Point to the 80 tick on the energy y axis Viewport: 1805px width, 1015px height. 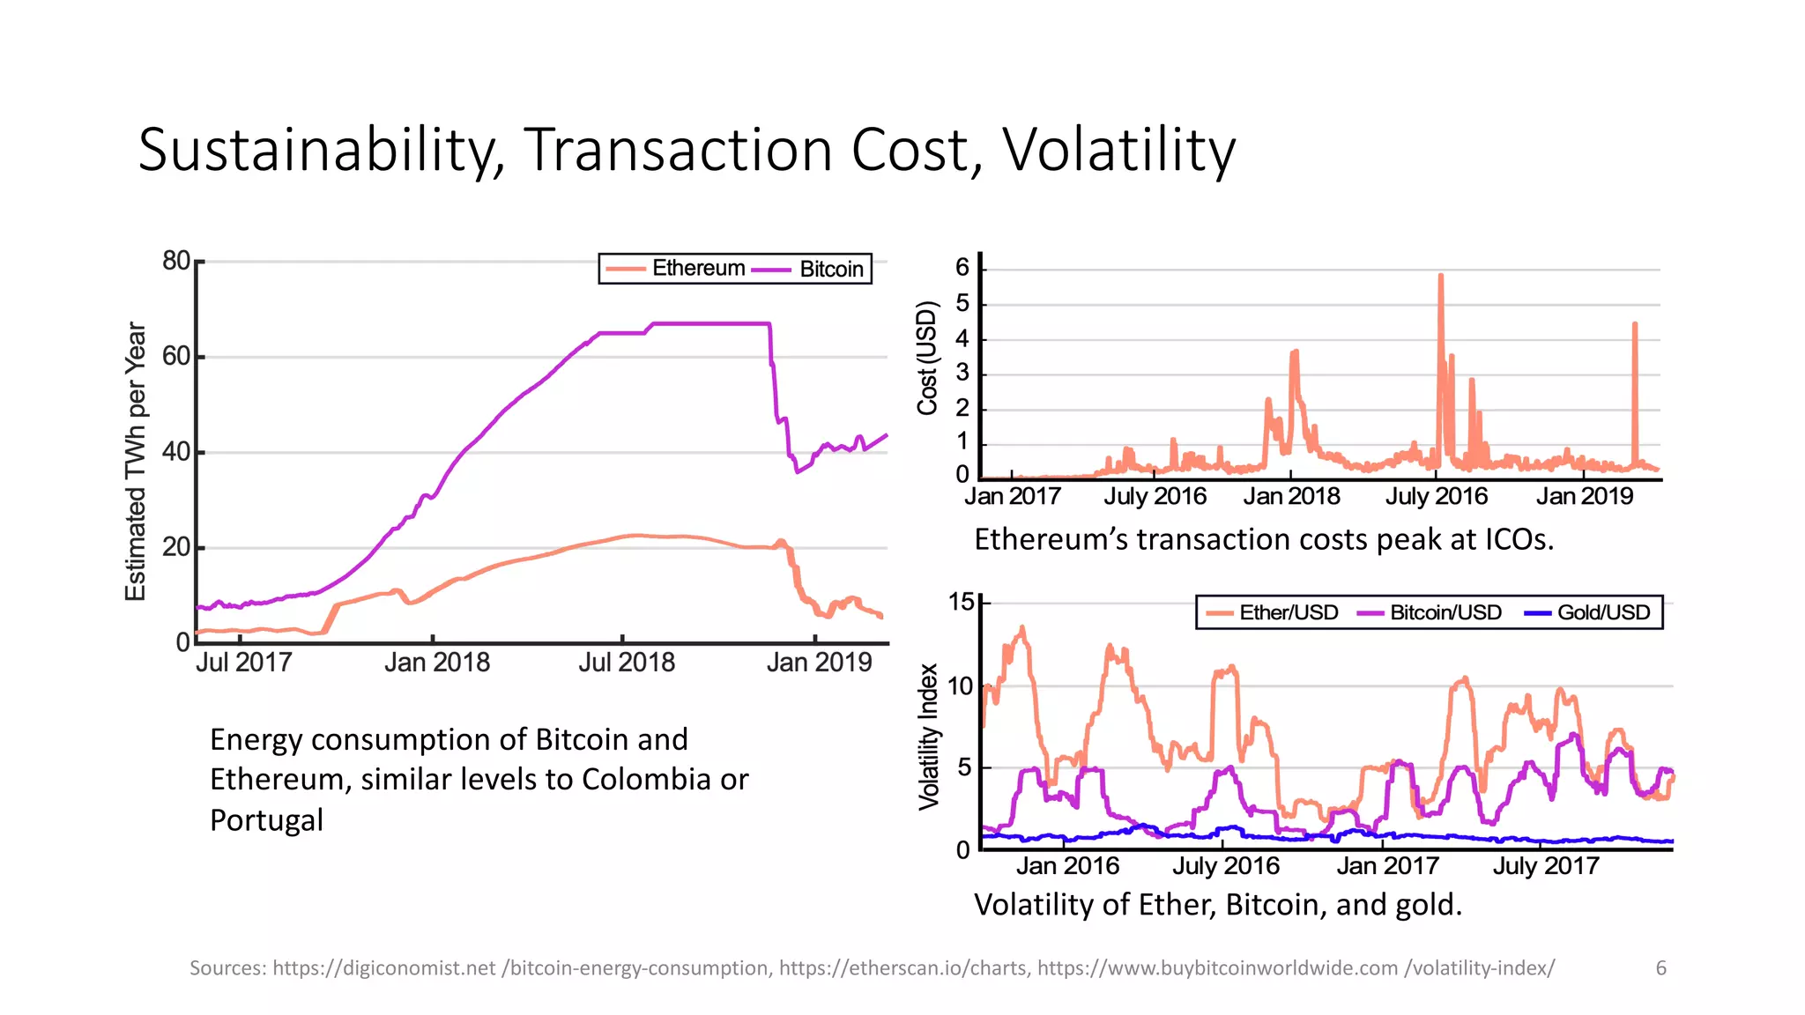[x=175, y=261]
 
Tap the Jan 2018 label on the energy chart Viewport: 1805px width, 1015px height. [x=436, y=663]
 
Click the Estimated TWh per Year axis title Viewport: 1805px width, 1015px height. [x=135, y=461]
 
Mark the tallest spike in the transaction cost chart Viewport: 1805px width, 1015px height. [x=1440, y=278]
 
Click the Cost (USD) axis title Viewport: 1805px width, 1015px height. [x=926, y=358]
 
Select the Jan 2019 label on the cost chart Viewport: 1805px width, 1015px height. [x=1584, y=497]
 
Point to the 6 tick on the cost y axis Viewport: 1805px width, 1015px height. [x=962, y=268]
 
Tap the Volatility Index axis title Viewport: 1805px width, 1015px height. [x=928, y=737]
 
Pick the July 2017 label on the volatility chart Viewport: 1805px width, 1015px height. [x=1545, y=866]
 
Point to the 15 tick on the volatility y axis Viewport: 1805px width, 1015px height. [x=961, y=602]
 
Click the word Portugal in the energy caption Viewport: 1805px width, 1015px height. [x=266, y=820]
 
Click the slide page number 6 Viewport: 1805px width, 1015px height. [x=1660, y=968]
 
